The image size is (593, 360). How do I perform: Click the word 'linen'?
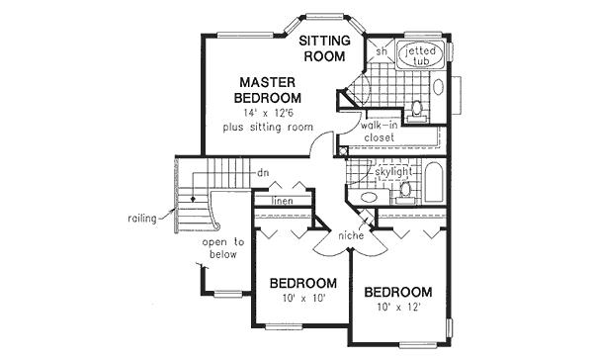click(281, 201)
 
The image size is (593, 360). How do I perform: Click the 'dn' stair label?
click(262, 173)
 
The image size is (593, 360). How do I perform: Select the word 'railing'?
click(141, 219)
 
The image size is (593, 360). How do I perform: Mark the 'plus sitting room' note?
click(268, 128)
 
